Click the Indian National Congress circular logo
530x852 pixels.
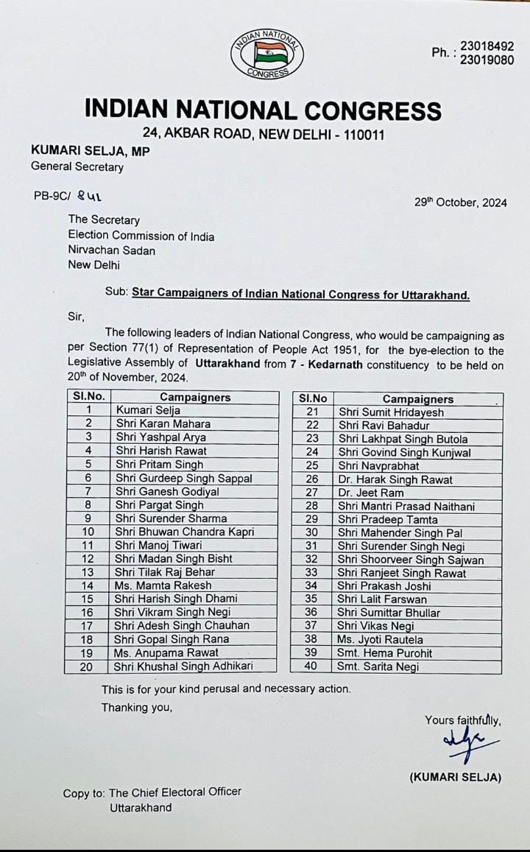(x=266, y=54)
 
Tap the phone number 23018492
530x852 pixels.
(x=487, y=46)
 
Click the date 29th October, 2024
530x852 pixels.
(x=460, y=203)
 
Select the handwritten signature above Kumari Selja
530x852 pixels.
(x=469, y=744)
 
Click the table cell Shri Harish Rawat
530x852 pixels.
(x=160, y=451)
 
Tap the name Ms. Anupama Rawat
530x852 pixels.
(x=166, y=652)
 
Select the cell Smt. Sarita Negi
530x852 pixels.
(x=378, y=666)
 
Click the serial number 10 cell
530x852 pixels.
(x=88, y=532)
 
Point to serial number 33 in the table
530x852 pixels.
(x=311, y=573)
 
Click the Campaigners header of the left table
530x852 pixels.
(x=195, y=397)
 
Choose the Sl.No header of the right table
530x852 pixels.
(x=312, y=398)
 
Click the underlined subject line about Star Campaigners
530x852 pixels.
(x=300, y=295)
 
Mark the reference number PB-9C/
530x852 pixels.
(x=52, y=197)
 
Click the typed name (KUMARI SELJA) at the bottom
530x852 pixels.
(x=455, y=777)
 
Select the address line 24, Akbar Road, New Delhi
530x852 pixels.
(x=263, y=135)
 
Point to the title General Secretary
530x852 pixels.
(x=77, y=166)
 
